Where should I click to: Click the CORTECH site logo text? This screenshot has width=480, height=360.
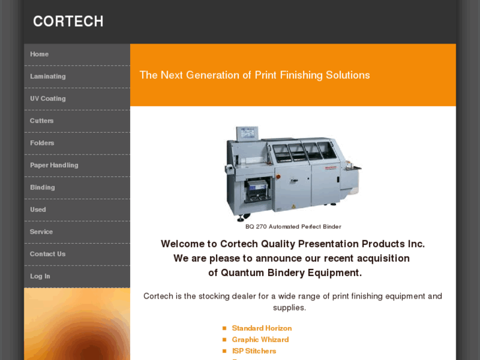pyautogui.click(x=68, y=21)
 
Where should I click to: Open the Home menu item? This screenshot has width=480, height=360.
pyautogui.click(x=39, y=54)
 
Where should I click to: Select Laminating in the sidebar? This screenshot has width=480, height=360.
pyautogui.click(x=48, y=76)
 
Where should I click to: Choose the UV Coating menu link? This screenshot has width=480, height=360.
pyautogui.click(x=48, y=98)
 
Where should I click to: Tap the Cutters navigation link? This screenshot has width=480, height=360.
pyautogui.click(x=42, y=121)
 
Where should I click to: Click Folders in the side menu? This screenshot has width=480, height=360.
pyautogui.click(x=42, y=143)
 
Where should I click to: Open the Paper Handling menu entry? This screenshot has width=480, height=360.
pyautogui.click(x=54, y=165)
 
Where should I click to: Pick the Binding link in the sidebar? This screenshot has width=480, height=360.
pyautogui.click(x=42, y=188)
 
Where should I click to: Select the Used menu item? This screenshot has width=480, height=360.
pyautogui.click(x=38, y=209)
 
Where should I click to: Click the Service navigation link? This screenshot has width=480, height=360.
pyautogui.click(x=42, y=232)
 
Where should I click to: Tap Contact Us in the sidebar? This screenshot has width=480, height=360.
pyautogui.click(x=48, y=254)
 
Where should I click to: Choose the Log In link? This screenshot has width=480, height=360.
pyautogui.click(x=40, y=276)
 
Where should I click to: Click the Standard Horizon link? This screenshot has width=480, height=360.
pyautogui.click(x=261, y=328)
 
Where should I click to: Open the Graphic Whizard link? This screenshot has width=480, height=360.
pyautogui.click(x=260, y=340)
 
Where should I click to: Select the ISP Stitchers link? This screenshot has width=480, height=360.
pyautogui.click(x=254, y=351)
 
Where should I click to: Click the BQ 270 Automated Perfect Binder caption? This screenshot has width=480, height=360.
pyautogui.click(x=293, y=227)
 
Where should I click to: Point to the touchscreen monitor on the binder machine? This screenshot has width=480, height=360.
pyautogui.click(x=247, y=133)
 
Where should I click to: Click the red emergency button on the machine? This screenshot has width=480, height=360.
pyautogui.click(x=278, y=177)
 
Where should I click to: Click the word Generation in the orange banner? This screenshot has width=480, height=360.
pyautogui.click(x=213, y=75)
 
